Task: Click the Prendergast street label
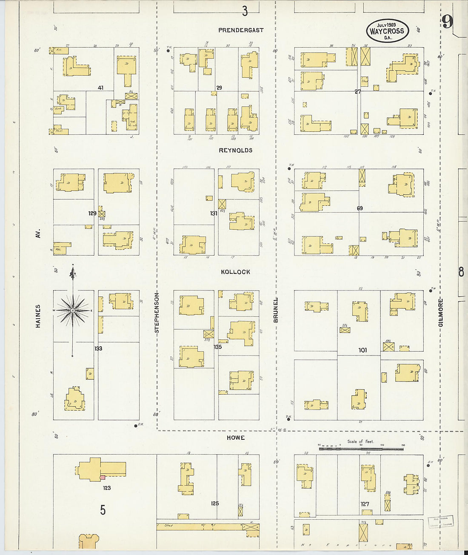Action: coord(241,30)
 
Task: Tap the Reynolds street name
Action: coord(236,150)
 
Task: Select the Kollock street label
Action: coord(235,272)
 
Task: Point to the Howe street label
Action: coord(235,438)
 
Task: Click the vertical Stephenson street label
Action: coord(157,313)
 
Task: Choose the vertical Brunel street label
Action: coord(276,310)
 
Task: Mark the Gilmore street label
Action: coord(441,313)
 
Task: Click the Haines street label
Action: coord(38,316)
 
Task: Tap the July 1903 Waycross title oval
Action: coord(387,31)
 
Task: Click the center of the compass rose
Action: coord(73,311)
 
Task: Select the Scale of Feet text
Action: coord(361,441)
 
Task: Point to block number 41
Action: coord(100,88)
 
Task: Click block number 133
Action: coord(98,348)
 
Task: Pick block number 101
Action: coord(362,350)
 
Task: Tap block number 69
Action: coord(360,208)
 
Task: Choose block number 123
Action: coord(106,488)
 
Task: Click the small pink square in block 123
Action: coord(103,478)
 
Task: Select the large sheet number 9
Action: coord(447,22)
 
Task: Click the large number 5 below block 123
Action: coord(103,510)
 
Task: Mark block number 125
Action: coord(215,503)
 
